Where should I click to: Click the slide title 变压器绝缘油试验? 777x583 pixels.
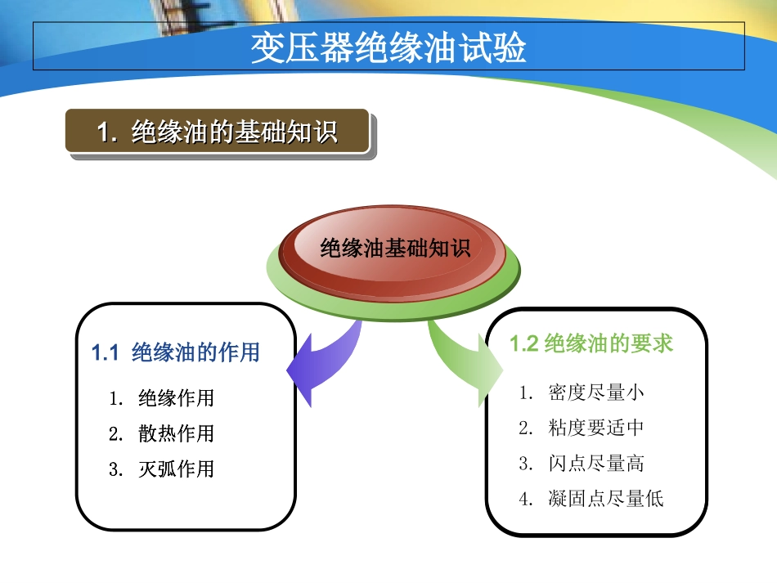pyautogui.click(x=388, y=47)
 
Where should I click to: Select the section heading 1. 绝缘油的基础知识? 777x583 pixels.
pyautogui.click(x=217, y=132)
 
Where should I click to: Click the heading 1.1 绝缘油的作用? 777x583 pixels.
pyautogui.click(x=175, y=352)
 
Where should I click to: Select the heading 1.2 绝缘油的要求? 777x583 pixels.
pyautogui.click(x=591, y=343)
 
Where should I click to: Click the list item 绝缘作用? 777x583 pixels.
pyautogui.click(x=176, y=398)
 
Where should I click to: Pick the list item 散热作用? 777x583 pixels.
pyautogui.click(x=176, y=433)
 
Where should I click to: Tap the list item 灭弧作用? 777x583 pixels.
pyautogui.click(x=176, y=469)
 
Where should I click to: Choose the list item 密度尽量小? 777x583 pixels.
pyautogui.click(x=595, y=392)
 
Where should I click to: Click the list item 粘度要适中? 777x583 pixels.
pyautogui.click(x=595, y=428)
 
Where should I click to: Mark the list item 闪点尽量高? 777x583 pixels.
pyautogui.click(x=595, y=464)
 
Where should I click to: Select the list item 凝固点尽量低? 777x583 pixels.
pyautogui.click(x=605, y=499)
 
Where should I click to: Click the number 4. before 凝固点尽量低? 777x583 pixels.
pyautogui.click(x=525, y=499)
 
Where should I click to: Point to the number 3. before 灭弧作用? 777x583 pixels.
pyautogui.click(x=115, y=469)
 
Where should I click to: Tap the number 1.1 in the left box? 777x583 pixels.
pyautogui.click(x=106, y=352)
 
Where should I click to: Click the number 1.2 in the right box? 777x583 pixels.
pyautogui.click(x=524, y=343)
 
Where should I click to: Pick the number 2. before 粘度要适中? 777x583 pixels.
pyautogui.click(x=525, y=428)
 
